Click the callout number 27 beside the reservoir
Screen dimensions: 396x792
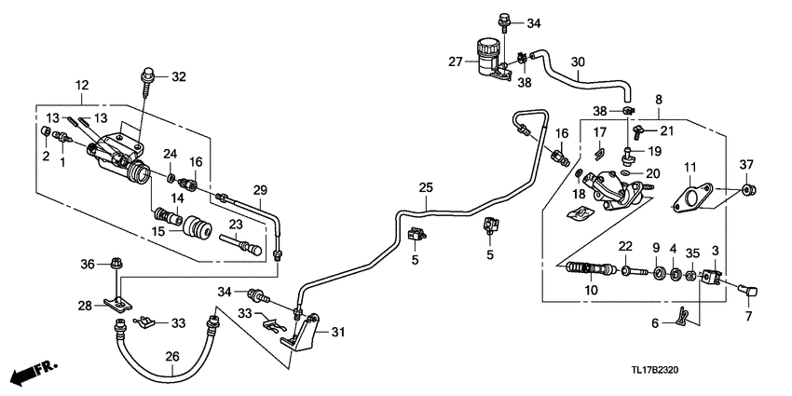click(455, 61)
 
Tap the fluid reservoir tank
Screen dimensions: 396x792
click(486, 56)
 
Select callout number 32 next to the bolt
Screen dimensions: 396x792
click(179, 76)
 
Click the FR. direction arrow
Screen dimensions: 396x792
click(34, 373)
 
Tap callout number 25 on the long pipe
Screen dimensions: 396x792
click(425, 188)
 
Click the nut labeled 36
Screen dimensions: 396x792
click(115, 263)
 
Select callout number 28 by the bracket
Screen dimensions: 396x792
click(84, 306)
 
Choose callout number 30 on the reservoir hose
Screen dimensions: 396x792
click(578, 62)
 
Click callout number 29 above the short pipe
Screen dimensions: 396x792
click(260, 190)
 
